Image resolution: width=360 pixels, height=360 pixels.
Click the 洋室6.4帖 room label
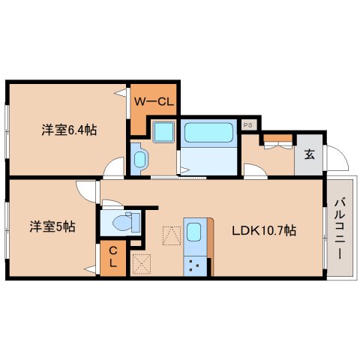click(69, 130)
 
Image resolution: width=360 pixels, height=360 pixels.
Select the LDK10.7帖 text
click(263, 230)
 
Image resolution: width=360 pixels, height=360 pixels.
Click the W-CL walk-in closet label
click(155, 100)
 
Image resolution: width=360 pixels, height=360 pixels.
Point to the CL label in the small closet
click(112, 257)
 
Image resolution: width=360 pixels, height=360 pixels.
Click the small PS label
click(248, 124)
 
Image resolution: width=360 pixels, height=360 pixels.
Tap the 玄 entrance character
click(309, 155)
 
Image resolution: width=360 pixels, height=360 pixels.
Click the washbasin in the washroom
click(140, 158)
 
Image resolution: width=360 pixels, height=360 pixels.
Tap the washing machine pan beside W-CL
click(162, 133)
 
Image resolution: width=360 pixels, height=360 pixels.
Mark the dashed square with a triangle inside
click(172, 236)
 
